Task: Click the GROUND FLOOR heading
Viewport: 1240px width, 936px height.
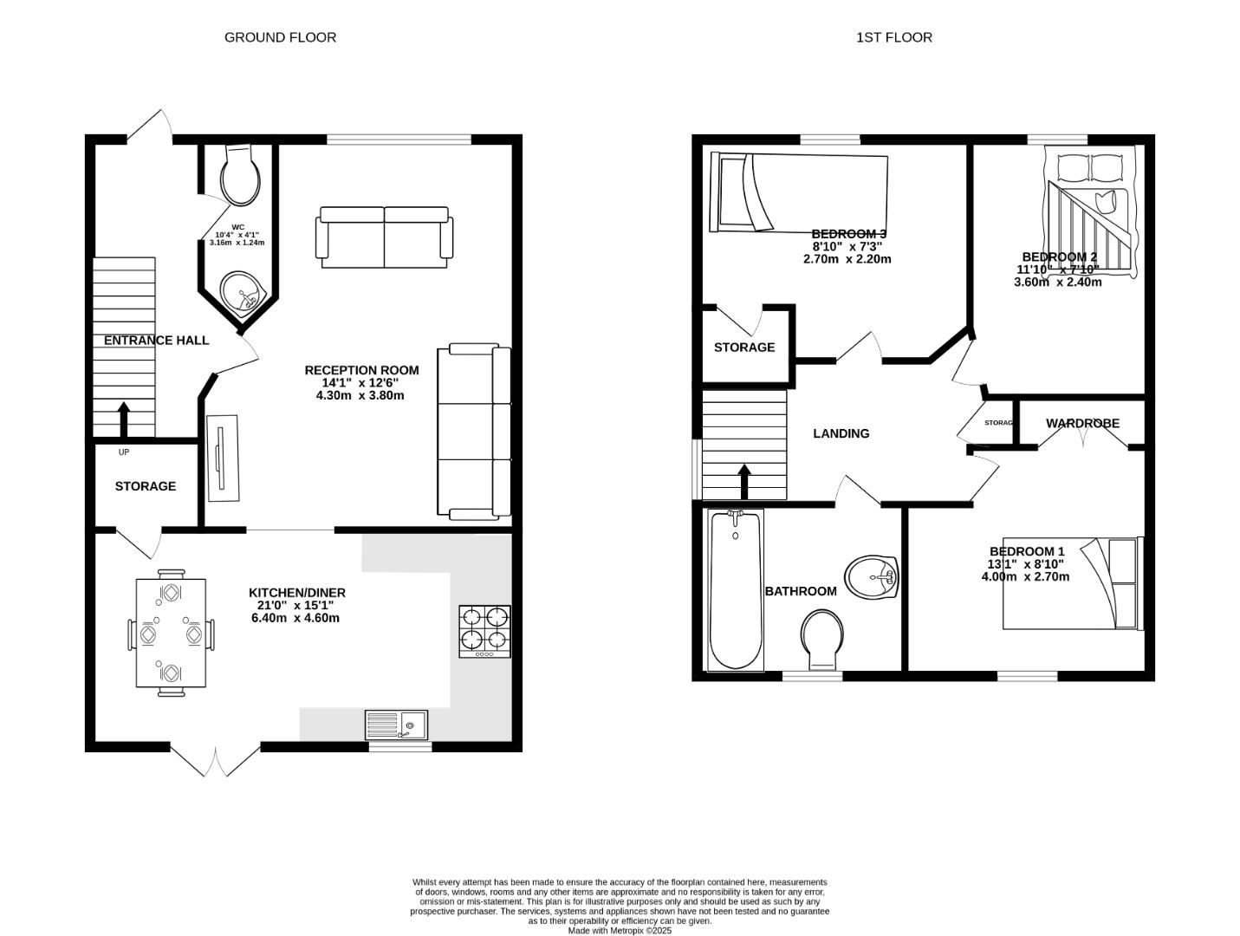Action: pos(280,37)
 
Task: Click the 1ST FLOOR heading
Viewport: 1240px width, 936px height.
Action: pos(893,37)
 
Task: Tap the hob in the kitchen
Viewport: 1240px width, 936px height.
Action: pos(484,631)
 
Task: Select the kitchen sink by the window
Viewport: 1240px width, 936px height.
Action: pos(397,725)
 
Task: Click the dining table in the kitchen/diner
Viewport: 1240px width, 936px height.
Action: pos(171,633)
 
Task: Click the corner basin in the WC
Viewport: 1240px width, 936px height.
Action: pos(241,292)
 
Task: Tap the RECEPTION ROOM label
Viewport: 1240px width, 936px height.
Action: pos(361,370)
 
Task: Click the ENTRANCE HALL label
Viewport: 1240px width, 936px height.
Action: pos(156,341)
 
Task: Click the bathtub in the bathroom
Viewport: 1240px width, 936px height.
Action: pos(736,589)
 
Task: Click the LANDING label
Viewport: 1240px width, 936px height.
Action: pos(841,433)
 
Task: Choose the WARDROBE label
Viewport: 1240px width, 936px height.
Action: pos(1082,424)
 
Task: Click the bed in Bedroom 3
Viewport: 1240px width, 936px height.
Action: pos(798,193)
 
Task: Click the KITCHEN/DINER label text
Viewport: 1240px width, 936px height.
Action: pos(297,593)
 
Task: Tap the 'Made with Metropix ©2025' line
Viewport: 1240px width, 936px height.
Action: pos(620,930)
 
